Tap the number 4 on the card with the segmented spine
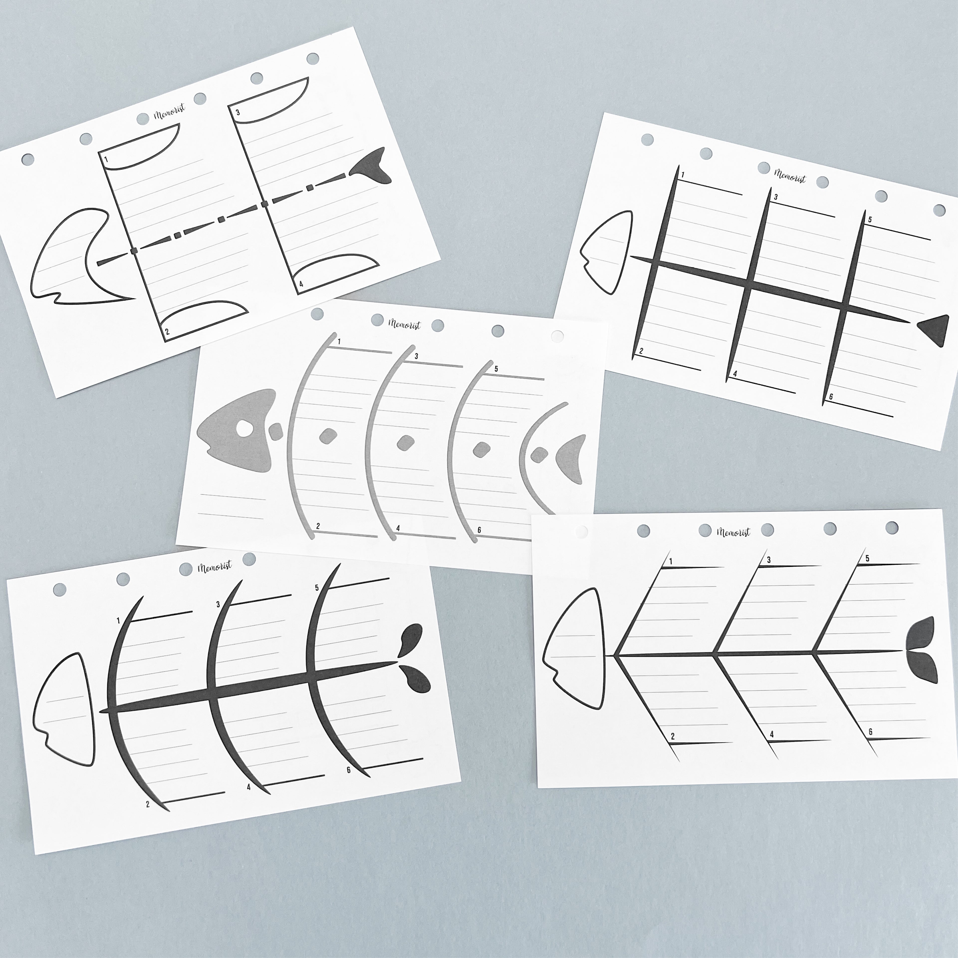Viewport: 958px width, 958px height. click(x=301, y=284)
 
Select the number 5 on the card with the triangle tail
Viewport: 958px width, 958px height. click(x=869, y=220)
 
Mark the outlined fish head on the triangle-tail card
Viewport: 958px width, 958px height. click(x=607, y=252)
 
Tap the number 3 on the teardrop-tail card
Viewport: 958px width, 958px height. click(x=218, y=604)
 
